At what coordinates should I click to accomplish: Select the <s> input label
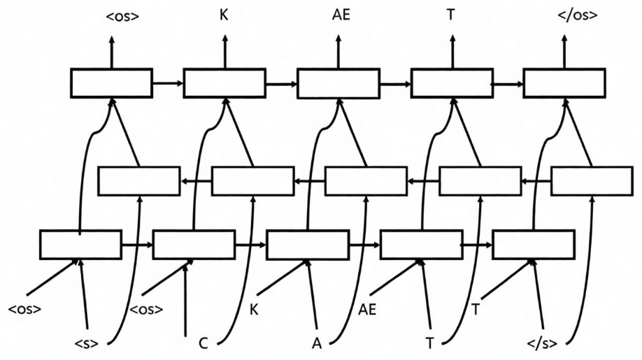coord(87,343)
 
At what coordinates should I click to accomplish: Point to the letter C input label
coord(203,343)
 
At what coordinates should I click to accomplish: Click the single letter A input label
coord(316,343)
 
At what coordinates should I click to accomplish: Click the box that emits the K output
coord(224,83)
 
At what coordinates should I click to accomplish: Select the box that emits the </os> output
coord(564,83)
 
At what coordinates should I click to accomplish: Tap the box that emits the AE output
coord(338,83)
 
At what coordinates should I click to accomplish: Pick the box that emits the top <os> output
coord(111,83)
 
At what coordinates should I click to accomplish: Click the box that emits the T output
coord(451,83)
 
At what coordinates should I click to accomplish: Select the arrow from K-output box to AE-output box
coord(281,84)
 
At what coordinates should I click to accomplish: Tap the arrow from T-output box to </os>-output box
coord(508,84)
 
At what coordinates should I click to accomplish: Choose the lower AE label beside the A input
coord(367,309)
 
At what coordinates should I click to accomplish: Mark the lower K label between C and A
coord(254,309)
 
